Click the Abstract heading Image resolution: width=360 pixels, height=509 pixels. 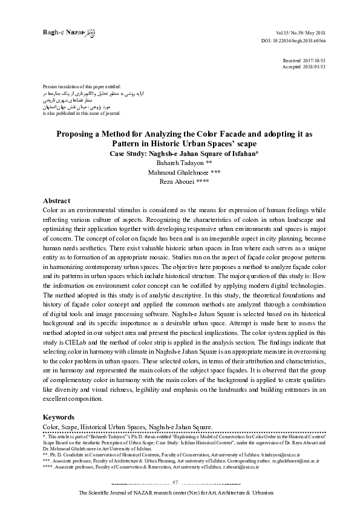(x=56, y=200)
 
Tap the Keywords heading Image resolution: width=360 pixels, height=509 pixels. (x=59, y=417)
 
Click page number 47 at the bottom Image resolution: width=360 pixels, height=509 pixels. (x=175, y=482)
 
